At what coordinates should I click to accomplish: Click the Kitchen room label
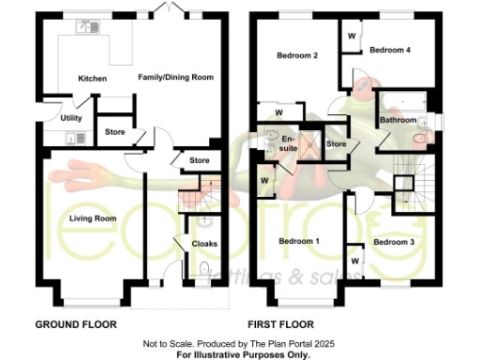[x=92, y=78]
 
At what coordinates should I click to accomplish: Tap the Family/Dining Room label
[x=176, y=77]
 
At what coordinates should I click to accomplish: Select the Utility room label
[x=71, y=118]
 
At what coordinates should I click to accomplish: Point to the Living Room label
[x=92, y=218]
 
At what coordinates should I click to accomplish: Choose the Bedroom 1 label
[x=300, y=242]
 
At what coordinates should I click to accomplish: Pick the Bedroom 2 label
[x=297, y=56]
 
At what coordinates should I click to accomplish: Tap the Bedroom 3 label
[x=393, y=242]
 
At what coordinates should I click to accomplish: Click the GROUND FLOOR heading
[x=76, y=324]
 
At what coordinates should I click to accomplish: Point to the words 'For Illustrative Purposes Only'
[x=243, y=354]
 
